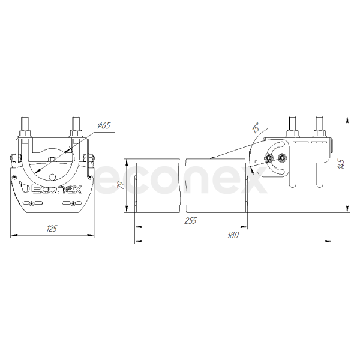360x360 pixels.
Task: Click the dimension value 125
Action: [52, 229]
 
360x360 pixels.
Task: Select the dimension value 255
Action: [191, 220]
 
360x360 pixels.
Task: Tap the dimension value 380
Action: [233, 235]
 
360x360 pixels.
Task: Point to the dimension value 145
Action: [341, 164]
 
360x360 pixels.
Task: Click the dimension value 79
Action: [121, 185]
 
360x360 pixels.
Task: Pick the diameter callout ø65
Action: [104, 125]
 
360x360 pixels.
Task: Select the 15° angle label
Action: [256, 128]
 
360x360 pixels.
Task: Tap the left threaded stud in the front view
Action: [25, 124]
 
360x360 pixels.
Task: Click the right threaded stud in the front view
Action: [76, 124]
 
